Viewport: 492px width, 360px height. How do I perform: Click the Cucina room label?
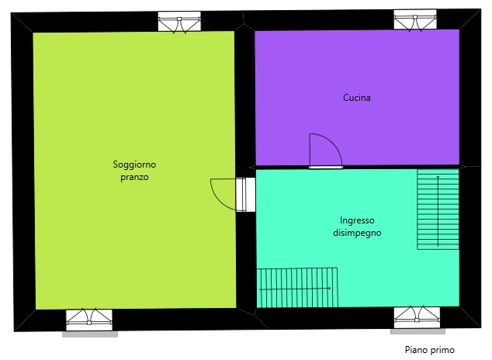coord(357,98)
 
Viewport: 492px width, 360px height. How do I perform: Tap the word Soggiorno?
coord(134,164)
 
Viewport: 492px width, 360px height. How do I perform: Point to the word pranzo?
coord(134,177)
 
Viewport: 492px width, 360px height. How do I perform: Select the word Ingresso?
coord(357,221)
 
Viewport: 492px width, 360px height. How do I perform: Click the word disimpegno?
coord(357,233)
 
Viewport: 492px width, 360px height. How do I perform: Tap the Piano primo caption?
coord(430,350)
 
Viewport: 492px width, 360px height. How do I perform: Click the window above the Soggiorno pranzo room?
coord(179,22)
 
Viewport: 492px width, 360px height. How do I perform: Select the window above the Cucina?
coord(415,20)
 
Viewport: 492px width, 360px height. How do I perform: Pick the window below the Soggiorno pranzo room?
coord(89,319)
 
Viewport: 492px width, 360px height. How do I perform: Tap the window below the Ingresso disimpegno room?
coord(417,317)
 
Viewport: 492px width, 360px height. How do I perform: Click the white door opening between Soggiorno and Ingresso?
coord(246,195)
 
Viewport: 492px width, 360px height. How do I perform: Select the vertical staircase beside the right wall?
coord(438,209)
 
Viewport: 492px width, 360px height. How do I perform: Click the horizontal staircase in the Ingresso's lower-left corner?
coord(297,288)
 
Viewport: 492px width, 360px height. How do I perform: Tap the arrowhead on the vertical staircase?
coord(438,177)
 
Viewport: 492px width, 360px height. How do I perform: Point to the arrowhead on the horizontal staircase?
coord(329,288)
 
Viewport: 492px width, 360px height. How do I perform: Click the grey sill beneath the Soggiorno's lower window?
coord(90,334)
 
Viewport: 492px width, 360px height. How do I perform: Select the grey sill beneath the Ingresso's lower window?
coord(418,331)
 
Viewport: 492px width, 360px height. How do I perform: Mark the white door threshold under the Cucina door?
coord(326,168)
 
